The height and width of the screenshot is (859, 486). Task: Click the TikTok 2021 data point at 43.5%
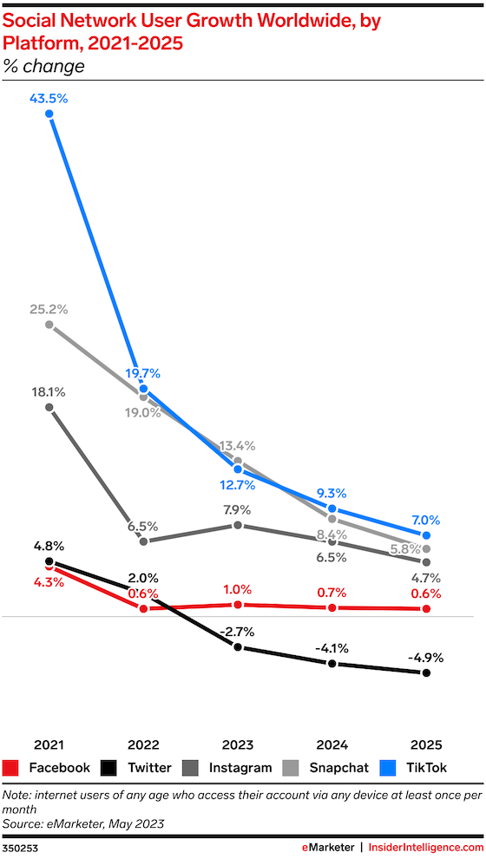tap(49, 114)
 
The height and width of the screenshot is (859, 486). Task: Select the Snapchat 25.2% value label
tap(49, 310)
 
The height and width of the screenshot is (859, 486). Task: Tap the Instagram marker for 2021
tap(49, 408)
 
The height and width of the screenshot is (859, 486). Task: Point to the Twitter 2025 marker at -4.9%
tap(426, 672)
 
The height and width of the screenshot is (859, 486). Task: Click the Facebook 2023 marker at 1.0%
tap(238, 605)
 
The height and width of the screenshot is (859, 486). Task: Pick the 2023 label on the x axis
tap(238, 745)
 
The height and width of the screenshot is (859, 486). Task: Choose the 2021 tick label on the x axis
tap(49, 745)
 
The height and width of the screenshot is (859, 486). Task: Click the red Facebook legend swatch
tap(11, 768)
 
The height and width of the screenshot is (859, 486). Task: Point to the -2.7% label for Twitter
tap(237, 633)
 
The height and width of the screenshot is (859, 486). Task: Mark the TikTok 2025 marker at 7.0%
tap(426, 535)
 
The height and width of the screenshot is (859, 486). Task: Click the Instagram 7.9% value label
tap(238, 510)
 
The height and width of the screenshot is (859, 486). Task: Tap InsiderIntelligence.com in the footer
tap(426, 848)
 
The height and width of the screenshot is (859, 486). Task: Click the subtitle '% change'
tap(44, 66)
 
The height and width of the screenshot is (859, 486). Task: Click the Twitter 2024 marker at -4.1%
tap(332, 664)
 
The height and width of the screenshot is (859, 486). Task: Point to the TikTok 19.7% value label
tap(143, 374)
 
